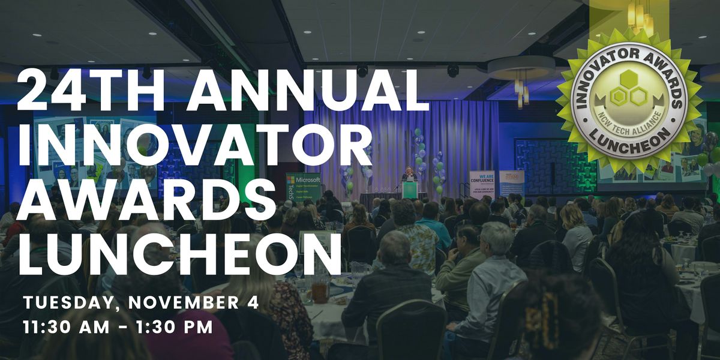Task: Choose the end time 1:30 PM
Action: [177, 328]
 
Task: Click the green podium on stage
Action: [410, 190]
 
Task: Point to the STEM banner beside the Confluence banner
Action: [512, 184]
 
